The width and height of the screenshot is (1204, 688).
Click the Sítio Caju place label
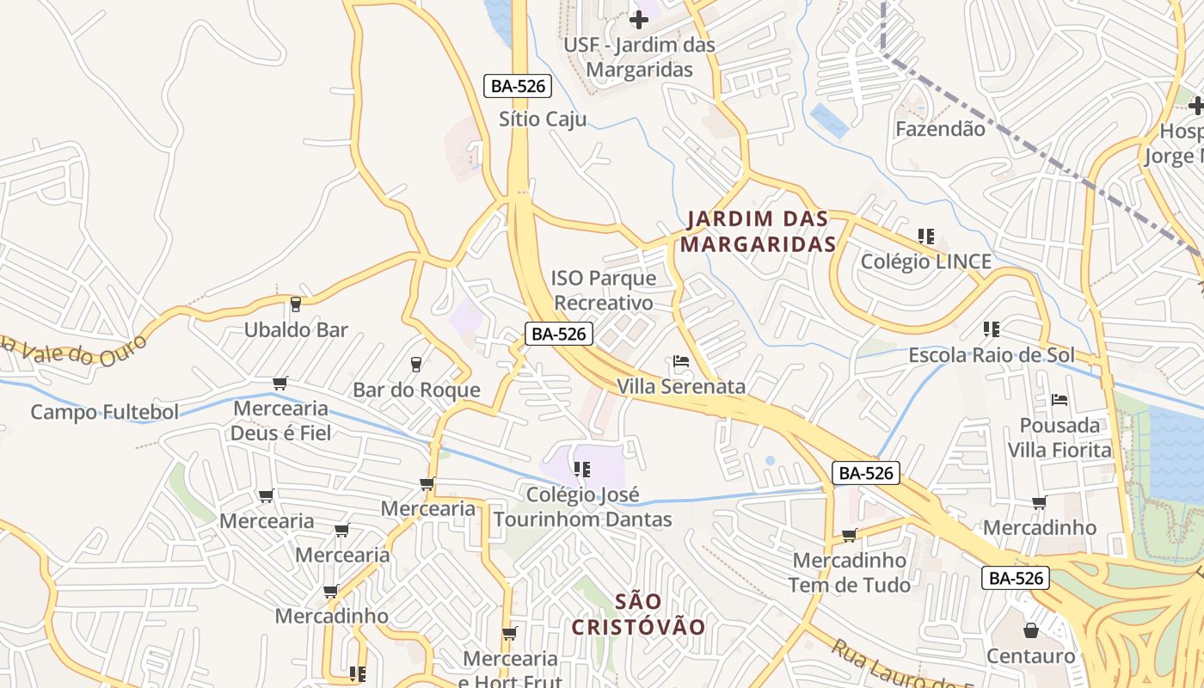point(543,119)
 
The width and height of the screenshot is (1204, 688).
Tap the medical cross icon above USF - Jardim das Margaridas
point(639,19)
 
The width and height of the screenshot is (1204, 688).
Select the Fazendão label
point(940,129)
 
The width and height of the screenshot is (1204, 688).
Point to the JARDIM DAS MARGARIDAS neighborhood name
point(758,231)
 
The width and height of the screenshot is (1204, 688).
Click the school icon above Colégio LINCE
point(926,236)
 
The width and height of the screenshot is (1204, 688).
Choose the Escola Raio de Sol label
point(992,355)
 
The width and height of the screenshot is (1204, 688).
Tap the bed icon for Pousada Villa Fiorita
point(1060,400)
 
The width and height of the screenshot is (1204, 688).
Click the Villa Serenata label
point(681,386)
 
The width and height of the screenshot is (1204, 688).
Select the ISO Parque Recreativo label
point(603,291)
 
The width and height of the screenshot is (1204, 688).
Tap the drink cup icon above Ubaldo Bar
point(296,304)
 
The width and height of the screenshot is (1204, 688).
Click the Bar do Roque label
point(416,390)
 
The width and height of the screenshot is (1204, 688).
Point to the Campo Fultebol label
point(105,412)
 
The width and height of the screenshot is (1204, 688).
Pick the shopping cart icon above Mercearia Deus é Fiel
point(279,383)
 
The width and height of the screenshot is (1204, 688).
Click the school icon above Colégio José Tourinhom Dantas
point(582,470)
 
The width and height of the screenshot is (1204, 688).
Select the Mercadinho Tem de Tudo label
point(849,573)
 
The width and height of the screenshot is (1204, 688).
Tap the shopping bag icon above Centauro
point(1030,630)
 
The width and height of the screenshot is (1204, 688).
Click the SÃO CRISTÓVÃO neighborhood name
point(638,614)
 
